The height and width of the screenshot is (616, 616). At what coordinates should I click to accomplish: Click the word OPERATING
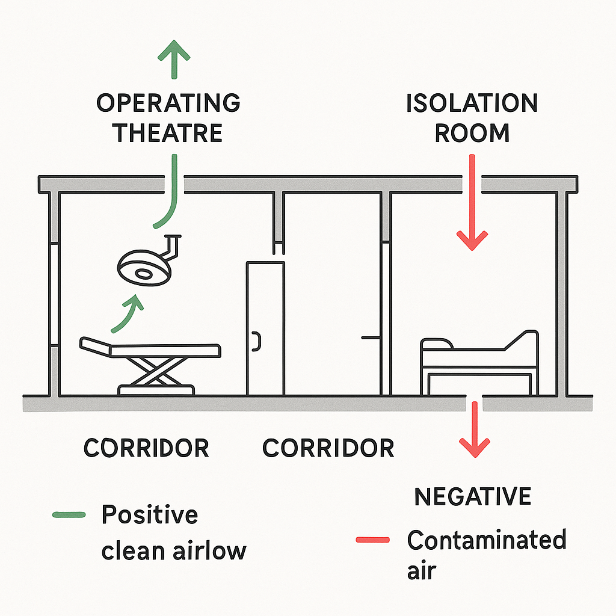click(168, 103)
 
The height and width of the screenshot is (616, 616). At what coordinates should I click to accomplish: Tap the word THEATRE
click(168, 133)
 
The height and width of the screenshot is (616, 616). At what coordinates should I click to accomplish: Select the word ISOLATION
click(472, 103)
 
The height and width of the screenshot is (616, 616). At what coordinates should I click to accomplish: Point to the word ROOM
click(472, 133)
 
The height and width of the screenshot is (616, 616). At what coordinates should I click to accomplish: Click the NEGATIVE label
click(473, 497)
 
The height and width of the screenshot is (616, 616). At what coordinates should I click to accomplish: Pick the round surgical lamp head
click(143, 268)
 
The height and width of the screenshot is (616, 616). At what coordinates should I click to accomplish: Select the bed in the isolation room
click(479, 361)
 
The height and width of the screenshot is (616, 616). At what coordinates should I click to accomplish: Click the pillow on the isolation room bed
click(437, 344)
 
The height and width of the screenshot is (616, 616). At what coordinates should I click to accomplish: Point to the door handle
click(257, 342)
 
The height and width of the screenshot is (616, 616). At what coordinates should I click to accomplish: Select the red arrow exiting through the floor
click(475, 430)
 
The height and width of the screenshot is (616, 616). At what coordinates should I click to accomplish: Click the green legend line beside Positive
click(69, 515)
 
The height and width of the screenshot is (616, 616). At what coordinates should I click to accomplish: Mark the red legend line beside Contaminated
click(372, 540)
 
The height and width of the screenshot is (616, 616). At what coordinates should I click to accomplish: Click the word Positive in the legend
click(149, 516)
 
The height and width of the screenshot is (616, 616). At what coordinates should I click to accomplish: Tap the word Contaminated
click(487, 540)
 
